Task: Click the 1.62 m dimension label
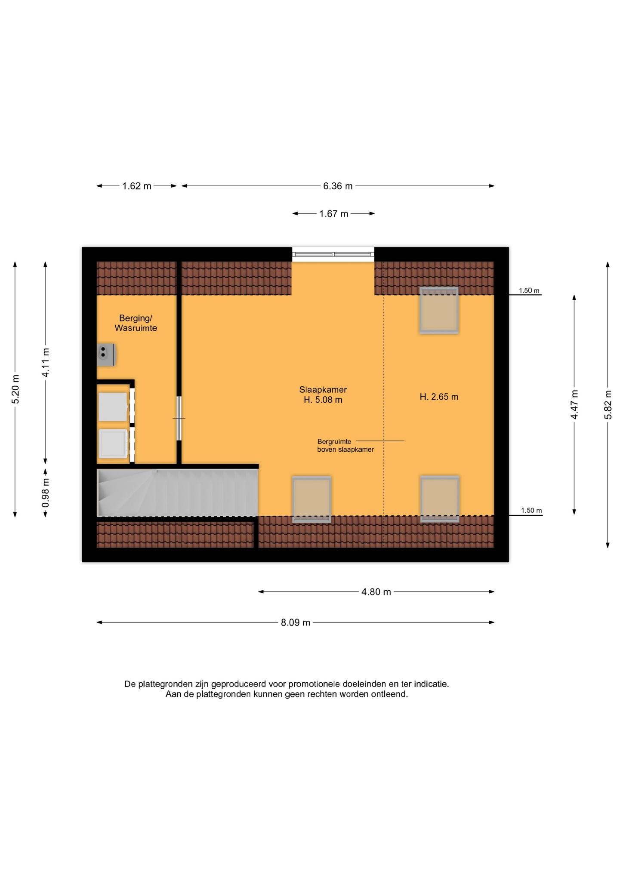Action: coord(137,186)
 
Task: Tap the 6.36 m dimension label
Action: coord(338,186)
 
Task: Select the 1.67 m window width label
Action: coord(333,214)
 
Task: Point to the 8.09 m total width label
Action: coord(296,622)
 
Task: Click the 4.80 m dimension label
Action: coord(376,592)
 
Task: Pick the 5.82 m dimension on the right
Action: coord(608,404)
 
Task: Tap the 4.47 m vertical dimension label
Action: coord(574,404)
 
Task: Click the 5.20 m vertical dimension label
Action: coord(15,389)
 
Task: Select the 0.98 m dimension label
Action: coord(45,492)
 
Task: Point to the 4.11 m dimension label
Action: coord(45,362)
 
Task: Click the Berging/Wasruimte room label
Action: coord(136,323)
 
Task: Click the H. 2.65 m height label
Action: coord(439,397)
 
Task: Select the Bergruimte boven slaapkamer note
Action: coord(345,446)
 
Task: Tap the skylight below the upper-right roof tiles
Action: coord(439,311)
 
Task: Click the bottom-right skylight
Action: coord(440,499)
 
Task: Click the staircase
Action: coord(178,493)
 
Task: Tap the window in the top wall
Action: coord(333,255)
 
